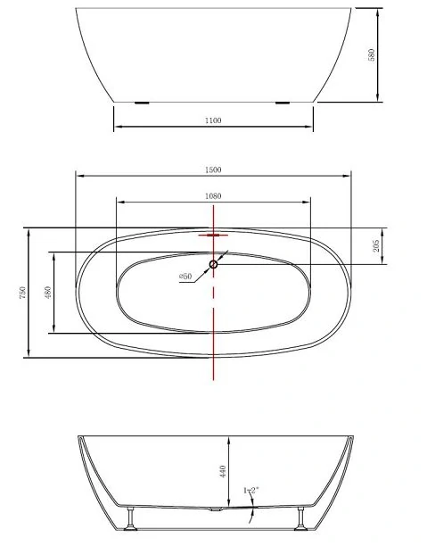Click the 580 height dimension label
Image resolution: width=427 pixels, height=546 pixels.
(372, 55)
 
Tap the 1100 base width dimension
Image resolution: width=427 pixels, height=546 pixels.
(213, 120)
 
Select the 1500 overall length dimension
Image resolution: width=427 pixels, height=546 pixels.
(213, 170)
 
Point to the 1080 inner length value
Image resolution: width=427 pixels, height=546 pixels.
(213, 196)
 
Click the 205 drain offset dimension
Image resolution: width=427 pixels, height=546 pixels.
(376, 246)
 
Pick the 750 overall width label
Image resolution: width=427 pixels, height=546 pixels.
(22, 293)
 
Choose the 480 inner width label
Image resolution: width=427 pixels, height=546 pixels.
(48, 292)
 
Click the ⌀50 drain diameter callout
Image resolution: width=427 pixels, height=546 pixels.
(185, 277)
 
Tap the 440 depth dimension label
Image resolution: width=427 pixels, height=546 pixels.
(223, 471)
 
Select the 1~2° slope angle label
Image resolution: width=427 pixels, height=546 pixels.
(251, 491)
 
